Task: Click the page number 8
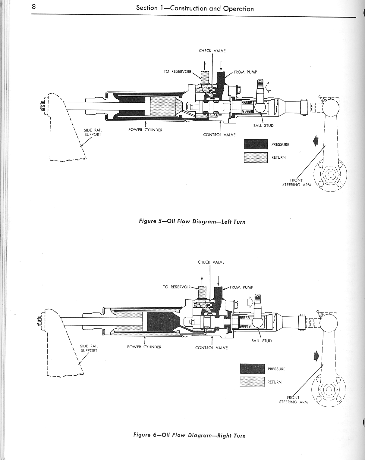(34, 7)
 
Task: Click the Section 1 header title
(195, 8)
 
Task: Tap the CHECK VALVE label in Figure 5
(212, 51)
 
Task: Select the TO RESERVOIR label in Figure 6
(177, 287)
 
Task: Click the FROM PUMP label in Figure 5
(245, 72)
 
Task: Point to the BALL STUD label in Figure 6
(261, 341)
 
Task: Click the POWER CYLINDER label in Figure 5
(145, 130)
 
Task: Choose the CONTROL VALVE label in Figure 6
(211, 348)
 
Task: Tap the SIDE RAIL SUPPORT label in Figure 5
(93, 132)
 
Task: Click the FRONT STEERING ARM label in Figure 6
(293, 399)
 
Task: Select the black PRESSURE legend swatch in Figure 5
(256, 145)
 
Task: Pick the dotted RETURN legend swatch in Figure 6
(252, 382)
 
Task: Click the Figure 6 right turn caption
(189, 435)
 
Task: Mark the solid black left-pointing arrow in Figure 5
(316, 141)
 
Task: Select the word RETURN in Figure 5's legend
(278, 157)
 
